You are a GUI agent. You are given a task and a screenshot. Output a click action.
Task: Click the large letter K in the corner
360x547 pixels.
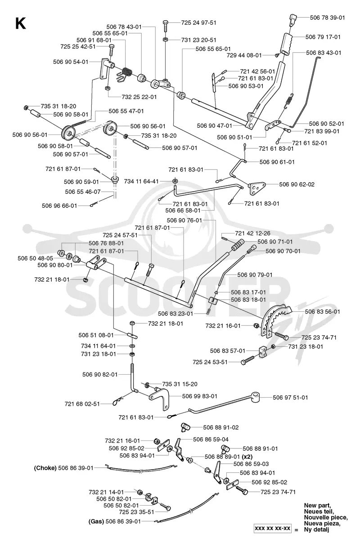(21, 24)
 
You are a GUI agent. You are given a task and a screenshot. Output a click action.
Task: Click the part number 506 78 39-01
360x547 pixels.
(327, 18)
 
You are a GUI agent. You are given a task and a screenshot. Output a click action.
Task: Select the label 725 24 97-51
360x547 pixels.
(198, 22)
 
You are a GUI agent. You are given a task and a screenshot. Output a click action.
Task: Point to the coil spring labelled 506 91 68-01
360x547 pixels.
(127, 72)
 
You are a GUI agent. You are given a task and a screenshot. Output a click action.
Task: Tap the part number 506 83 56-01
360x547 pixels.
(322, 312)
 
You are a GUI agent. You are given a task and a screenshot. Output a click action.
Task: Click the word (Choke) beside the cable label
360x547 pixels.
(45, 468)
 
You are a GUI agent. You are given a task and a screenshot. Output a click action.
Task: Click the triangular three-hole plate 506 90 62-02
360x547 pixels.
(257, 188)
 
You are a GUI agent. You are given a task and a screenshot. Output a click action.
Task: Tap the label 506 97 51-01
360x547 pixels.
(290, 397)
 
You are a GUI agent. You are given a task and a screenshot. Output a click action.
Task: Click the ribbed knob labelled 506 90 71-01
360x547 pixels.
(238, 245)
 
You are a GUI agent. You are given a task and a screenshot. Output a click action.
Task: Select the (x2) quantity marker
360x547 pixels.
(247, 457)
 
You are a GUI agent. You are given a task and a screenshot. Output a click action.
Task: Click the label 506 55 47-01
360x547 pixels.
(126, 111)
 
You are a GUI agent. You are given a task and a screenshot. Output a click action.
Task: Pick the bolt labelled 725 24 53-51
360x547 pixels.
(247, 361)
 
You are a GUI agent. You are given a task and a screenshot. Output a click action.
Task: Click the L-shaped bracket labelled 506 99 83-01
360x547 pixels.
(160, 398)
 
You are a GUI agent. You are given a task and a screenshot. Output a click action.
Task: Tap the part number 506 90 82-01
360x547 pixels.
(100, 374)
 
